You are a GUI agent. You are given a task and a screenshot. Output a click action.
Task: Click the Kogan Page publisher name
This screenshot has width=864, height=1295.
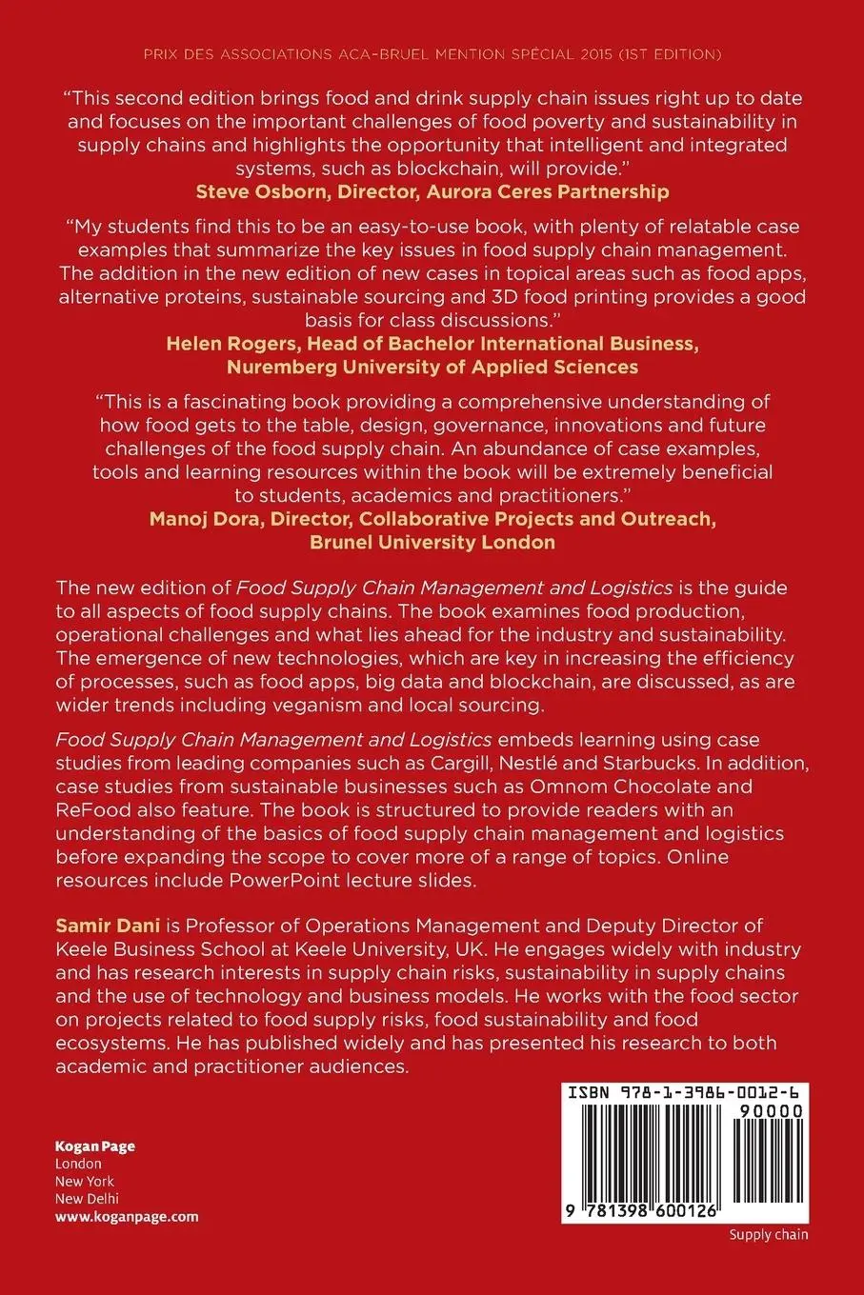94,1146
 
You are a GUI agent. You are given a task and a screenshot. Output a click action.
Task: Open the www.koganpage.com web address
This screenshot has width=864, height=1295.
127,1216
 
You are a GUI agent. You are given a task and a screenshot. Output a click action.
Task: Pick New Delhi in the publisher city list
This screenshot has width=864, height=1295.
87,1199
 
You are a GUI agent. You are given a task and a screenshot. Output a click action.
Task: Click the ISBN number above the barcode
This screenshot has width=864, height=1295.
685,1093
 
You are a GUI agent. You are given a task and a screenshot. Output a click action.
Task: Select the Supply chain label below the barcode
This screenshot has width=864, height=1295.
768,1235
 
